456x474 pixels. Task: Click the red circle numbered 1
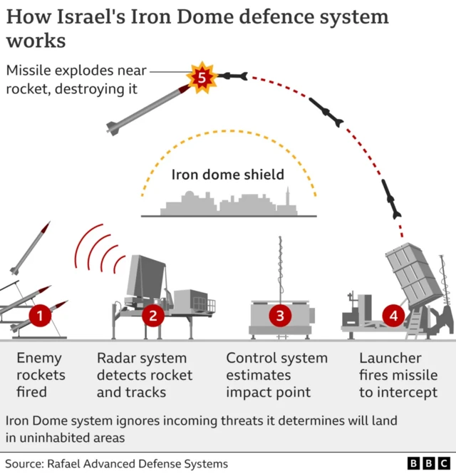40,314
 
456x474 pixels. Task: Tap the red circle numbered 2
152,314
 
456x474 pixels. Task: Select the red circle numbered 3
280,314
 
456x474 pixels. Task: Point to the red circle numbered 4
393,314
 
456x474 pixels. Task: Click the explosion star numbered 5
202,77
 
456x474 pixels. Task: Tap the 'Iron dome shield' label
227,175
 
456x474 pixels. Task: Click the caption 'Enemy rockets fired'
41,375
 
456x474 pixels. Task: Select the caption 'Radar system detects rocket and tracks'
145,375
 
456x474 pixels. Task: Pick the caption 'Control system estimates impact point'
276,375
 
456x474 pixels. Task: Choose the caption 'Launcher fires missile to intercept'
398,375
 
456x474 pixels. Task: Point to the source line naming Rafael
117,463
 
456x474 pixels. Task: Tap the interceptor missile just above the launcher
391,199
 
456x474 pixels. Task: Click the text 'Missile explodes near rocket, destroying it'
76,79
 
